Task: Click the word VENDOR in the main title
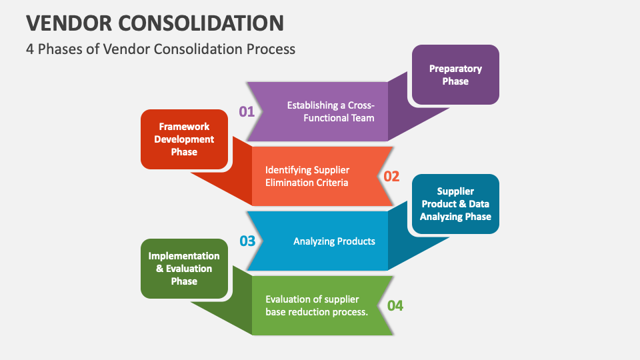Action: pyautogui.click(x=70, y=23)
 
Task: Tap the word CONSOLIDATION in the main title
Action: pyautogui.click(x=201, y=23)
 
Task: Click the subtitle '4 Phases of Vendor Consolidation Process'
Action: pyautogui.click(x=161, y=49)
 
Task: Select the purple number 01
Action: pyautogui.click(x=247, y=111)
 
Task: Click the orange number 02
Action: pyautogui.click(x=391, y=176)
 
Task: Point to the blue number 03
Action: pyautogui.click(x=247, y=241)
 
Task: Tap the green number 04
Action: pyautogui.click(x=395, y=305)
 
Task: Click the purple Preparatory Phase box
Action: pyautogui.click(x=455, y=75)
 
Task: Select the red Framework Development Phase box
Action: pyautogui.click(x=184, y=139)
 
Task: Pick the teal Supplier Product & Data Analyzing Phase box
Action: pyautogui.click(x=455, y=204)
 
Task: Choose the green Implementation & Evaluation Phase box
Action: pyautogui.click(x=184, y=269)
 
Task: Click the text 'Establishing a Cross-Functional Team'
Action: pyautogui.click(x=331, y=111)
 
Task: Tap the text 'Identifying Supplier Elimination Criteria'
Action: pyautogui.click(x=307, y=176)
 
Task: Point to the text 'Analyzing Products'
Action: pyautogui.click(x=334, y=241)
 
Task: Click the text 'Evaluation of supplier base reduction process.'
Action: pyautogui.click(x=317, y=305)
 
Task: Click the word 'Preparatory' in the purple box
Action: pyautogui.click(x=455, y=69)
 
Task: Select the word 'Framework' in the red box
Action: pyautogui.click(x=184, y=127)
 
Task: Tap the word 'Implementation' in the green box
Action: pyautogui.click(x=184, y=256)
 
